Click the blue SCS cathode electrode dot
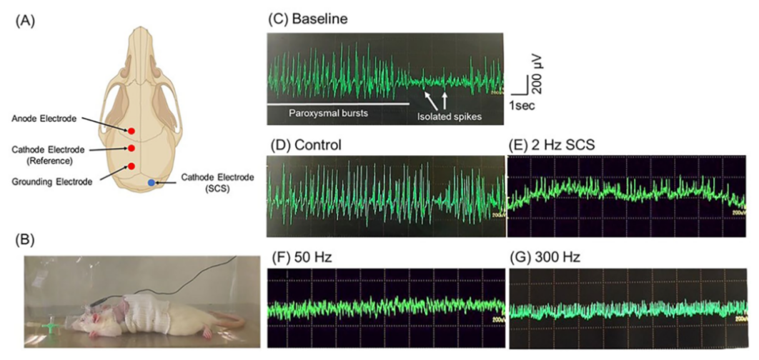coord(150,184)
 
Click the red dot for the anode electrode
coord(132,131)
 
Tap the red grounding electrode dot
coord(132,166)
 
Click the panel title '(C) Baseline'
coord(307,20)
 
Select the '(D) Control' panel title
coord(304,145)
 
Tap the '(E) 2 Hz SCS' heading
coord(552,145)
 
